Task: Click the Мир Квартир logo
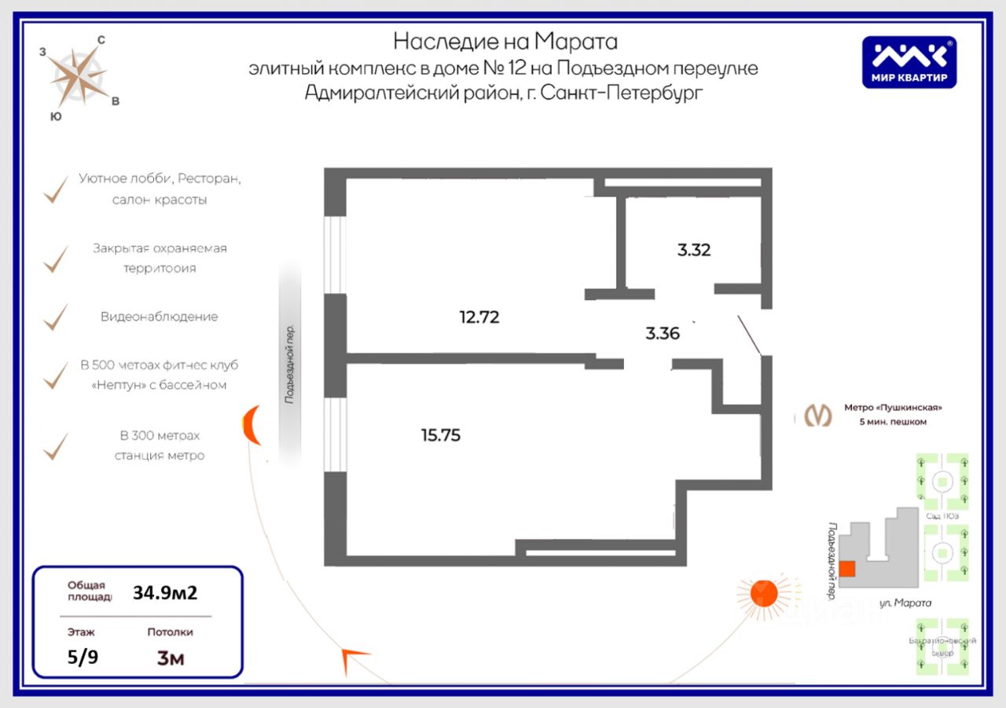pos(909,62)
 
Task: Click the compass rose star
pos(79,75)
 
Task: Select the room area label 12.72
pos(479,317)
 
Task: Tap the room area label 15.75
pos(441,435)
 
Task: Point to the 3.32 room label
pos(694,251)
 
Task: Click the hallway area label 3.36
pos(663,333)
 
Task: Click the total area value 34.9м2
pos(165,592)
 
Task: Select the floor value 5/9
pos(83,657)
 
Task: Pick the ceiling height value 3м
pos(171,658)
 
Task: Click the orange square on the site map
pos(847,569)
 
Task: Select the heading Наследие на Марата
pos(505,40)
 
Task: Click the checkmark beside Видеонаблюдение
pos(55,317)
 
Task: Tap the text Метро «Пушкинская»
pos(893,407)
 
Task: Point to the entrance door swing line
pos(750,335)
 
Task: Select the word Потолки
pos(170,632)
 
